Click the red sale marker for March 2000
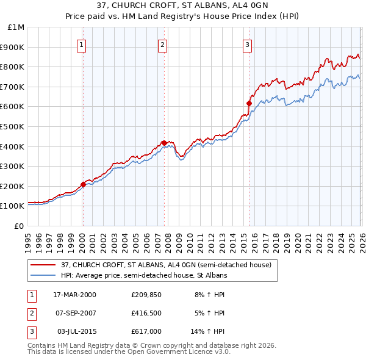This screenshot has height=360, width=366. [84, 184]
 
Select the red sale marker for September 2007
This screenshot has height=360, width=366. [164, 143]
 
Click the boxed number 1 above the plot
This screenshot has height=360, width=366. [82, 44]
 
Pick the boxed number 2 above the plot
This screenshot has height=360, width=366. [163, 44]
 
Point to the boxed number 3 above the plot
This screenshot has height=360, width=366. [247, 44]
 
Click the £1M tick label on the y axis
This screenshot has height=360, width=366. [16, 27]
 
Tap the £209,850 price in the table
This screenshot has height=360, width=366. [146, 295]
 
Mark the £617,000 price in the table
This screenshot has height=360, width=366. [146, 331]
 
